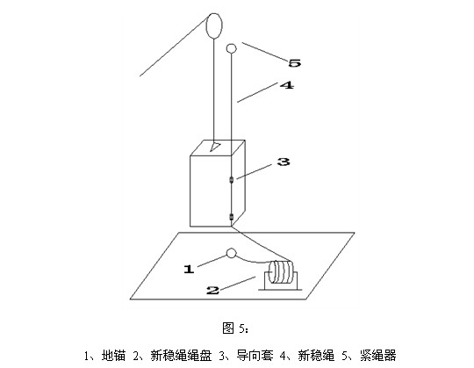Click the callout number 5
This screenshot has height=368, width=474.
pyautogui.click(x=294, y=63)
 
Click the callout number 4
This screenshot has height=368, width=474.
pyautogui.click(x=286, y=85)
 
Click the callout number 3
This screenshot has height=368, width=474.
pyautogui.click(x=284, y=162)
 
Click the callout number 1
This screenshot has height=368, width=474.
pyautogui.click(x=190, y=269)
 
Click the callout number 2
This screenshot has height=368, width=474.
pyautogui.click(x=212, y=291)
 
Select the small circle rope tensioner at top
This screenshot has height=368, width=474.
pyautogui.click(x=232, y=48)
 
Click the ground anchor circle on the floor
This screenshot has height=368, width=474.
pyautogui.click(x=231, y=254)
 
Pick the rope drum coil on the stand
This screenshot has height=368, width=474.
pyautogui.click(x=282, y=272)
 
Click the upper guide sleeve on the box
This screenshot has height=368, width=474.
pyautogui.click(x=232, y=180)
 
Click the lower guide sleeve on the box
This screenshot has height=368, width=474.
pyautogui.click(x=232, y=217)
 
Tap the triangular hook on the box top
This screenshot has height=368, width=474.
pyautogui.click(x=215, y=147)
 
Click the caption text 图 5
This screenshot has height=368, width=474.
pyautogui.click(x=235, y=328)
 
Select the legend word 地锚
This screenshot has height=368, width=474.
pyautogui.click(x=113, y=356)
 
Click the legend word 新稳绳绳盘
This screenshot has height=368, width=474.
pyautogui.click(x=181, y=356)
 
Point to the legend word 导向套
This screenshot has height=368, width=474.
pyautogui.click(x=255, y=356)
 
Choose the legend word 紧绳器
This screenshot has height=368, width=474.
pyautogui.click(x=377, y=356)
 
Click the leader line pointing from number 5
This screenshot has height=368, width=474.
pyautogui.click(x=264, y=52)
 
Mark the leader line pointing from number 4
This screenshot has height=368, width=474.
pyautogui.click(x=257, y=92)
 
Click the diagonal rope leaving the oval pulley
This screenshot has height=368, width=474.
pyautogui.click(x=173, y=47)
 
